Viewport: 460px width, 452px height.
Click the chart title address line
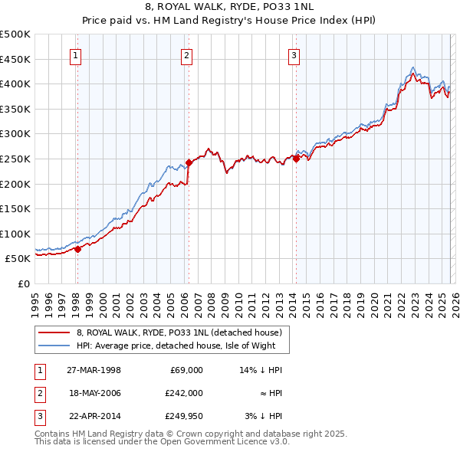230,7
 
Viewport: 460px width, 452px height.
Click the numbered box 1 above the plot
77,54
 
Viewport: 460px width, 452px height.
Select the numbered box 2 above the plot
186,54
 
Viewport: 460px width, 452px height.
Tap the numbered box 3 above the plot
294,54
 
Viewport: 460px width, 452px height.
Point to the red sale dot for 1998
77,248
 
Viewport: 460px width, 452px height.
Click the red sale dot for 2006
188,162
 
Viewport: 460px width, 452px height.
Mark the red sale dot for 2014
296,159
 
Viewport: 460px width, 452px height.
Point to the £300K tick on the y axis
15,134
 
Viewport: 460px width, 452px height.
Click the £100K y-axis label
15,234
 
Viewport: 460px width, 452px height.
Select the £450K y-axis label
15,59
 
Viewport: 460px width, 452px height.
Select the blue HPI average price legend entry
182,346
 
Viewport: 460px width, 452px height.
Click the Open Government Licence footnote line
162,441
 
